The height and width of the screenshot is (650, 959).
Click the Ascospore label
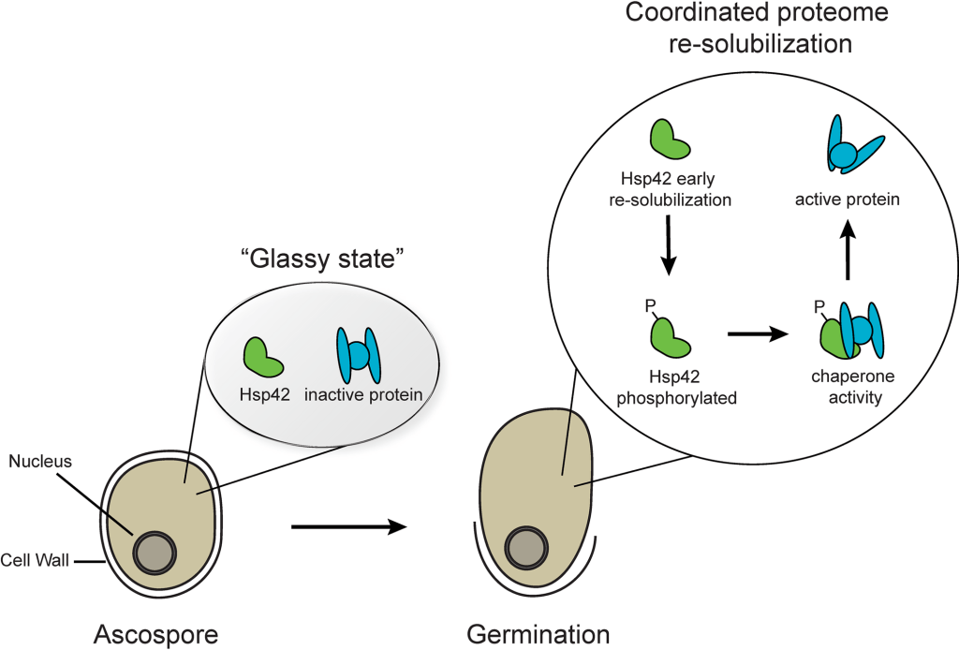point(155,634)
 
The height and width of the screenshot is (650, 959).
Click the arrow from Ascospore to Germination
point(348,528)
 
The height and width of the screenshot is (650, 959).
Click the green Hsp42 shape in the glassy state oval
point(261,355)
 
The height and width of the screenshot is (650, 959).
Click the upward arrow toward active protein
point(847,249)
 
